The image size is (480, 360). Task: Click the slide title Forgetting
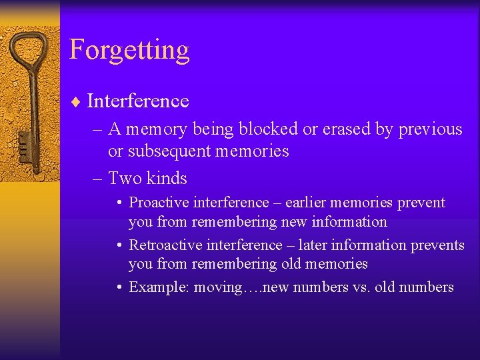pyautogui.click(x=129, y=51)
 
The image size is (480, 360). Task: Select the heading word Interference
pyautogui.click(x=138, y=101)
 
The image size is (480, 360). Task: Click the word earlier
pyautogui.click(x=307, y=203)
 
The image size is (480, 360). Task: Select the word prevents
pyautogui.click(x=437, y=245)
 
